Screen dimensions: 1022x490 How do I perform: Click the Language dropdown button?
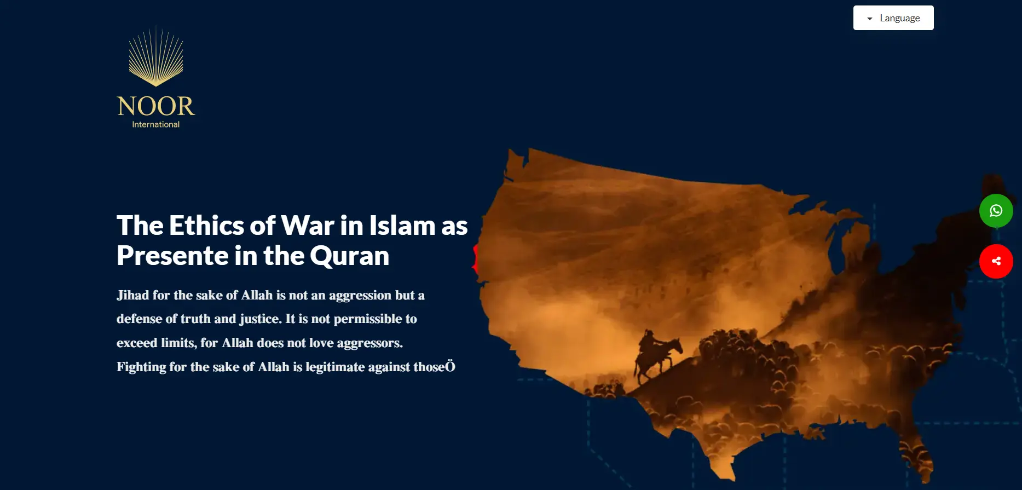(x=893, y=18)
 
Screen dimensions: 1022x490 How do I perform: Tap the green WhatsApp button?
(x=996, y=211)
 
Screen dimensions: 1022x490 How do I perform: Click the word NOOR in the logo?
(x=156, y=106)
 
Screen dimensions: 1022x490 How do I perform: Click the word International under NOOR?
(x=156, y=124)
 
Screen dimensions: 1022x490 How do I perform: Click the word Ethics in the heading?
(x=206, y=225)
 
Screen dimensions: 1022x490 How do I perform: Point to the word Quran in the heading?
(x=349, y=256)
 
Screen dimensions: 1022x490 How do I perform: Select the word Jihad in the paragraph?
(x=132, y=295)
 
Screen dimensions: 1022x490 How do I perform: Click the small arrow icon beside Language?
(x=870, y=19)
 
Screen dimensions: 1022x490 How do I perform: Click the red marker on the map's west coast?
(x=475, y=259)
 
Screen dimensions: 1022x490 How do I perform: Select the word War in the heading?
(x=308, y=225)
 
